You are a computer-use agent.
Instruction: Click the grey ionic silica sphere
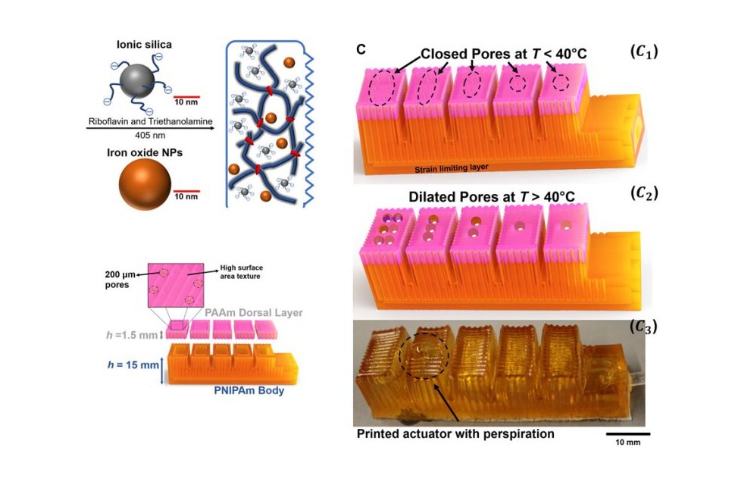coord(137,82)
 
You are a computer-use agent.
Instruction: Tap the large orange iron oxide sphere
coord(145,184)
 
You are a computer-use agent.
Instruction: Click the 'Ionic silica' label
coord(145,45)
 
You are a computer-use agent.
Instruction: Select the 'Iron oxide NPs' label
coord(145,153)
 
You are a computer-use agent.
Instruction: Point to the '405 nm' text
coord(150,136)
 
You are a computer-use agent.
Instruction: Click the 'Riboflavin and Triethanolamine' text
coord(151,121)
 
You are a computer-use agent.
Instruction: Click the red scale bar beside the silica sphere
coord(186,97)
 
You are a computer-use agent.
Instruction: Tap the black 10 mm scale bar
coord(627,434)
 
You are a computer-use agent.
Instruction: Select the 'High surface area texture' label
coord(242,272)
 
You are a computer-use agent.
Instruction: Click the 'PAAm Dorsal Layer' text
coord(254,312)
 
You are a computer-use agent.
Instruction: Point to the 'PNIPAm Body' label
coord(249,390)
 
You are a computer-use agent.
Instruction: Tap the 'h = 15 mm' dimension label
coord(133,365)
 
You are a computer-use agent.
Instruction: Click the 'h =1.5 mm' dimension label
coord(131,335)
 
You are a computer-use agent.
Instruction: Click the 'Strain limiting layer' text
coord(452,168)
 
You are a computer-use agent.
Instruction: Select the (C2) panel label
coord(644,192)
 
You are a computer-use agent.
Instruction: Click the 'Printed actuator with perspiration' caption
coord(455,433)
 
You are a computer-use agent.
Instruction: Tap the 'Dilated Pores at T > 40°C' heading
coord(492,197)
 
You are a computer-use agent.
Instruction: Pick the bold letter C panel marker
coord(361,49)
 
